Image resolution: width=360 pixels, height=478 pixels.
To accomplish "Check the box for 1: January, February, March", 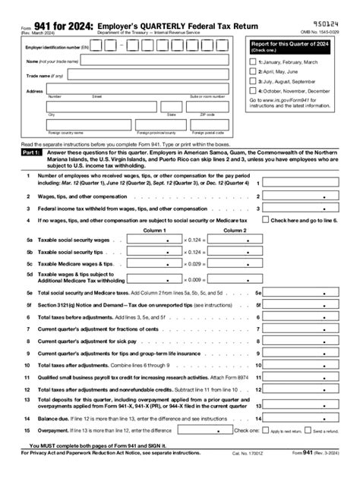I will pyautogui.click(x=253, y=61).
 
